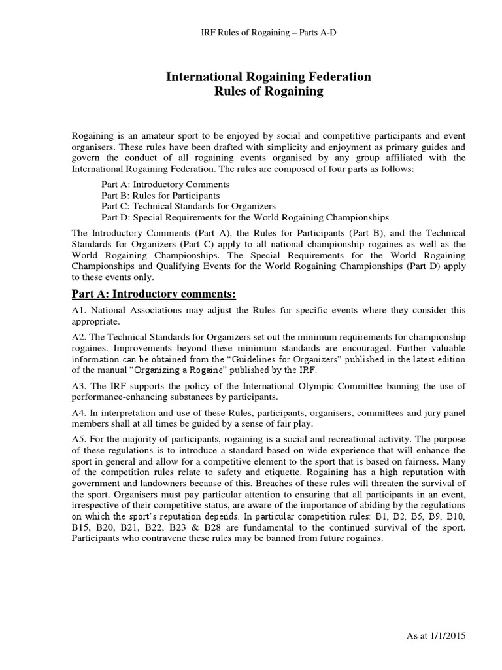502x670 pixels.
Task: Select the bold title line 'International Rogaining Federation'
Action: coord(269,77)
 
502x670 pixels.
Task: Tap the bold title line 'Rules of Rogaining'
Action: coord(269,92)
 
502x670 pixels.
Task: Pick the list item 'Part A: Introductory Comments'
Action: coord(165,185)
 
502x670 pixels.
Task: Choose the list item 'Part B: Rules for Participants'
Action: coord(160,195)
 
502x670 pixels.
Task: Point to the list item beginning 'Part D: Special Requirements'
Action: coord(245,217)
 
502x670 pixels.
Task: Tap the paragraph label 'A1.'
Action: coord(80,311)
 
